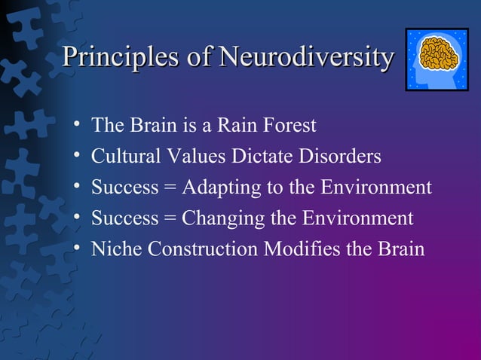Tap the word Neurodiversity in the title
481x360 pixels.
(305, 56)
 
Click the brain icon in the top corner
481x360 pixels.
(437, 59)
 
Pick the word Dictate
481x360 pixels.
(255, 157)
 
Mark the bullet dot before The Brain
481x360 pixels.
(77, 125)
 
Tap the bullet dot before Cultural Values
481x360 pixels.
(77, 157)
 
